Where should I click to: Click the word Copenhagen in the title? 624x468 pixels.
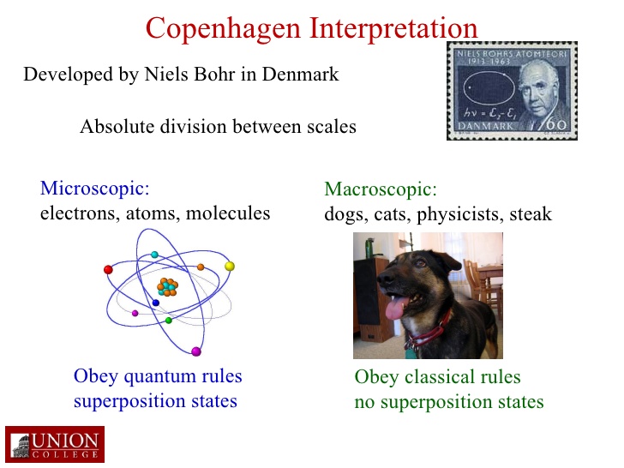(x=223, y=29)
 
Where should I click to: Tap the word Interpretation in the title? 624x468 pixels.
(x=393, y=27)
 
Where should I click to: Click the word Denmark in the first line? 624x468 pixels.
(x=301, y=74)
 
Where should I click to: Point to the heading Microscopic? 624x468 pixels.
(x=94, y=189)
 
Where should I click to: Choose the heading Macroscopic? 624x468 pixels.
(x=381, y=189)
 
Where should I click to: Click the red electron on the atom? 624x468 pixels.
(x=108, y=269)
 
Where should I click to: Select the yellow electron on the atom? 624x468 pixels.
(x=230, y=267)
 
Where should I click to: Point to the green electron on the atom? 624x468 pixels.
(x=169, y=321)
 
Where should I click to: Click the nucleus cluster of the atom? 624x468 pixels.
(x=167, y=287)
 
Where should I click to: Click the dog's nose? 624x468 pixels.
(x=384, y=279)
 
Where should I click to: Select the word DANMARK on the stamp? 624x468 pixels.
(x=485, y=126)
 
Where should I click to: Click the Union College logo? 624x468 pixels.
(x=55, y=444)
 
